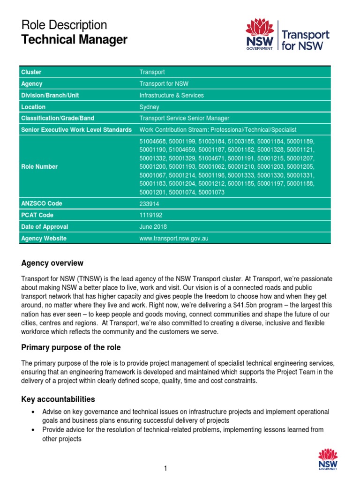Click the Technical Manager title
pyautogui.click(x=74, y=40)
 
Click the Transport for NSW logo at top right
pyautogui.click(x=287, y=35)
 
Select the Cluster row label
pyautogui.click(x=31, y=72)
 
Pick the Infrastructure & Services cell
pyautogui.click(x=172, y=95)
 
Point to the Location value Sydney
pyautogui.click(x=149, y=107)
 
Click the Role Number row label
pyautogui.click(x=39, y=166)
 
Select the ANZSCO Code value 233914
pyautogui.click(x=149, y=204)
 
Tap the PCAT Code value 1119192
pyautogui.click(x=150, y=215)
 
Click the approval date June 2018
pyautogui.click(x=153, y=227)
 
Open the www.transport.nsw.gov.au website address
pyautogui.click(x=174, y=238)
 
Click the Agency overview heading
pyautogui.click(x=52, y=263)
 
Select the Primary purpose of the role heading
pyautogui.click(x=71, y=347)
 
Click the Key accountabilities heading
pyautogui.click(x=58, y=399)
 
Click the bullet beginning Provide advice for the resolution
pyautogui.click(x=183, y=429)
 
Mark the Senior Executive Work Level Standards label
pyautogui.click(x=76, y=130)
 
